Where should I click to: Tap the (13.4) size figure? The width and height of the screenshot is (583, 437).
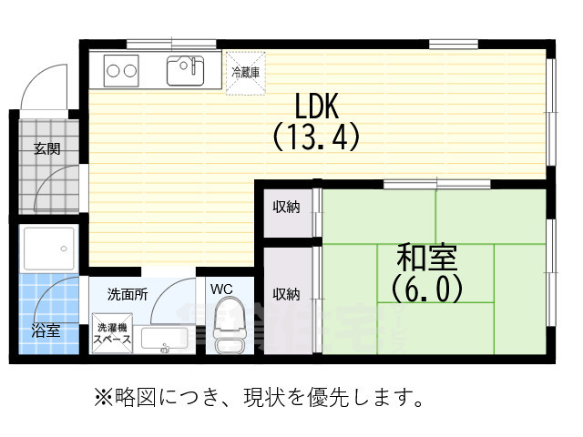(315, 137)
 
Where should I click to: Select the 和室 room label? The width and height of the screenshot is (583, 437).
(427, 257)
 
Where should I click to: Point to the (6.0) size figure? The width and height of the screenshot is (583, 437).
(427, 288)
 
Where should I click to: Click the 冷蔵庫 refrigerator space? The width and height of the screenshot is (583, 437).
(245, 71)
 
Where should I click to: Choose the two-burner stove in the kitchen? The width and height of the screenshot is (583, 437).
(121, 68)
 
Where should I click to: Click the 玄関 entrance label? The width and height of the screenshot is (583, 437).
(47, 148)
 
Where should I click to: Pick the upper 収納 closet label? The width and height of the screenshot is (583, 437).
(287, 207)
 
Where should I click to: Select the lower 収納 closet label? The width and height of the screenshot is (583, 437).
(287, 293)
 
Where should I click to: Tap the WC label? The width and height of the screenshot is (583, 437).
(223, 290)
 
